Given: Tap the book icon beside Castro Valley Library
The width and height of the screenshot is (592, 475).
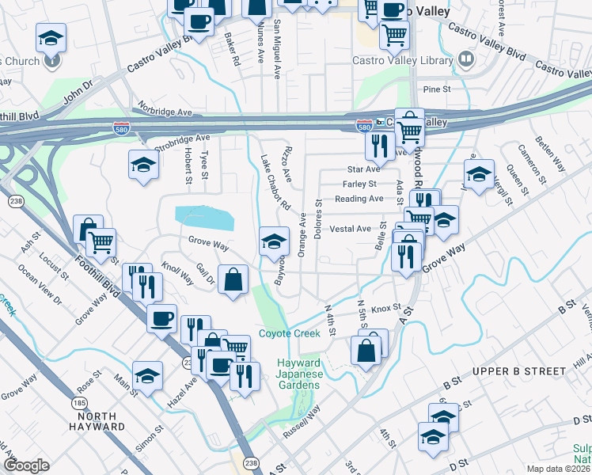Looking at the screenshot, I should [466, 59].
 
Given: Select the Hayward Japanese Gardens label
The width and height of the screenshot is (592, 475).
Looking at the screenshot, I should [298, 374].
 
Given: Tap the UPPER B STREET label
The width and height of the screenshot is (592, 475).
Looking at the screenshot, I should [510, 371].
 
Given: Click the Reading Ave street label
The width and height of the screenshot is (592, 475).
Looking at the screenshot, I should [359, 199].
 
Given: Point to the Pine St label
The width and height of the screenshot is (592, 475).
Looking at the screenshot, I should [436, 90].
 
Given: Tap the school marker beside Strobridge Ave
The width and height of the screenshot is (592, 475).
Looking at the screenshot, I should [143, 165].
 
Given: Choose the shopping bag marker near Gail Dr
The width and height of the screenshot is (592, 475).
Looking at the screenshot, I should [233, 280].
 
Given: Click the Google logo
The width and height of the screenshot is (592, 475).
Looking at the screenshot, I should [26, 465].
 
